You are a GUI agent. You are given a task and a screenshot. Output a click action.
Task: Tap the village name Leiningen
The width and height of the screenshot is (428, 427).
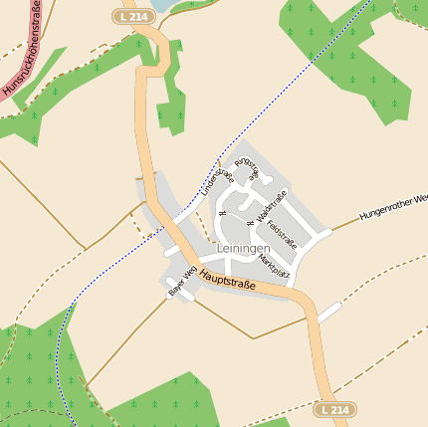[x=242, y=247]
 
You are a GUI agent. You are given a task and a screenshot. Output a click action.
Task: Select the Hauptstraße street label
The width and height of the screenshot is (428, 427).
[x=227, y=280]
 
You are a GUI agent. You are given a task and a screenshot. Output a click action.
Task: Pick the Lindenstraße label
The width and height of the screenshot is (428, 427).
[x=216, y=180]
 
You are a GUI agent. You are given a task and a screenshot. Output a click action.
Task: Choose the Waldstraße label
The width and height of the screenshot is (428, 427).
[x=271, y=204]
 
